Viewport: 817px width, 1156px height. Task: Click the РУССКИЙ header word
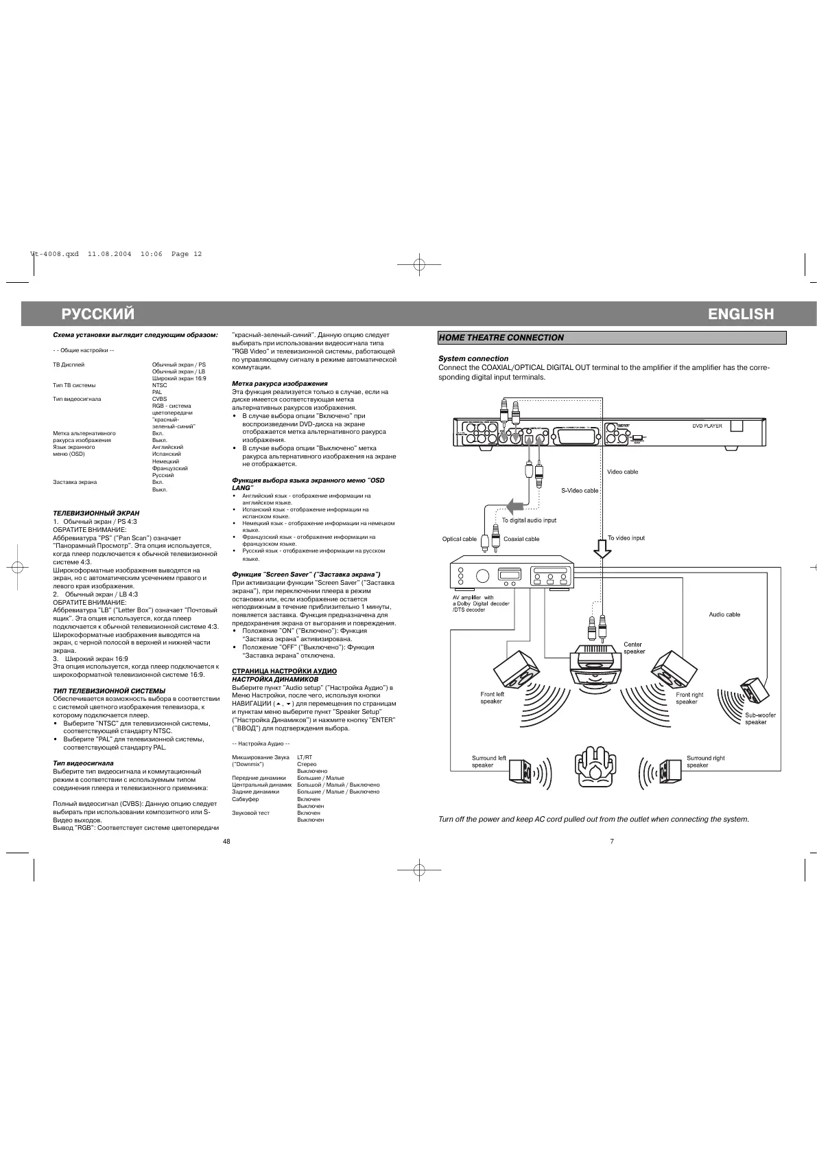coord(98,314)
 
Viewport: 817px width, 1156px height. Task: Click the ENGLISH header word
coord(741,314)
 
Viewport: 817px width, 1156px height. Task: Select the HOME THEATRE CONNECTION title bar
coord(612,338)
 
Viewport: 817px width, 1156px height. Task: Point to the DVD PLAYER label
coord(707,426)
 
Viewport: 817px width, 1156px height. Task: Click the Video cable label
coord(622,472)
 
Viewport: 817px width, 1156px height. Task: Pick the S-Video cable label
coord(580,491)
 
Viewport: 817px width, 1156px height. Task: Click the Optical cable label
coord(459,539)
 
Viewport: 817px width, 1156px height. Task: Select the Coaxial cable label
coord(521,539)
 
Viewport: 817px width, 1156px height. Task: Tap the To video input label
coord(626,538)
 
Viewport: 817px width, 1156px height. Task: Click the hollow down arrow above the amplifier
coord(602,550)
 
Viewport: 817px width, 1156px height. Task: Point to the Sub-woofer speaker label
coord(761,719)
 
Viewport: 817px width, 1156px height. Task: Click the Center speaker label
coord(634,647)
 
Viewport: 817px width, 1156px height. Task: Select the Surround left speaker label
coord(488,761)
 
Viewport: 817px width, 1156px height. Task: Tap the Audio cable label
coord(724,614)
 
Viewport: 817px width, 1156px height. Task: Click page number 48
coord(226,842)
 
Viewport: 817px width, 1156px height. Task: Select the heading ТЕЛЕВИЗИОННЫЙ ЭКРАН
coord(96,513)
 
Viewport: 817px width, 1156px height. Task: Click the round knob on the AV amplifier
coord(482,575)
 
